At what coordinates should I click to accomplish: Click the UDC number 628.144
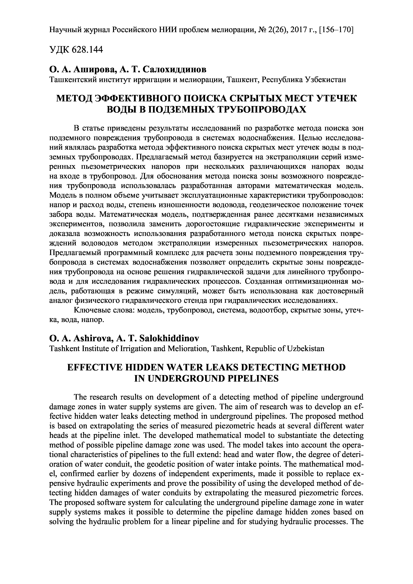click(88, 50)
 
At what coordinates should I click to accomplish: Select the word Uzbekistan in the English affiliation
click(306, 348)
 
